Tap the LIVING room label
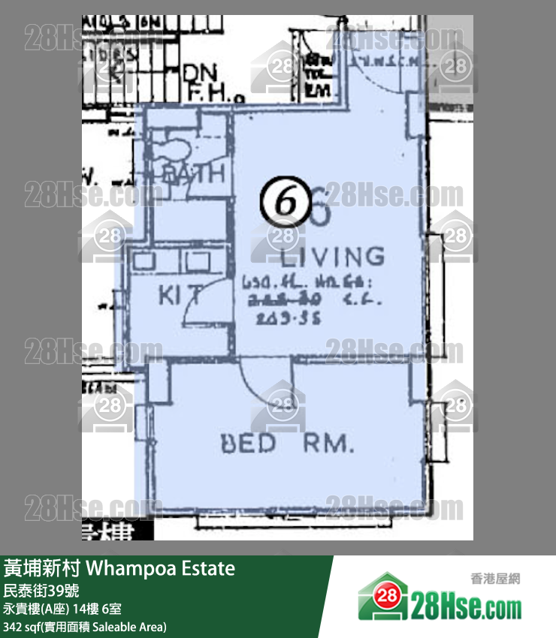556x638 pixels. [332, 257]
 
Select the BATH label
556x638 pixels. [194, 174]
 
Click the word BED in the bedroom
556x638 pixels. [248, 444]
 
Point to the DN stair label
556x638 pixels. [199, 74]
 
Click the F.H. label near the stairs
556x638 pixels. [207, 93]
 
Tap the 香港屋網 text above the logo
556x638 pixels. [495, 578]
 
